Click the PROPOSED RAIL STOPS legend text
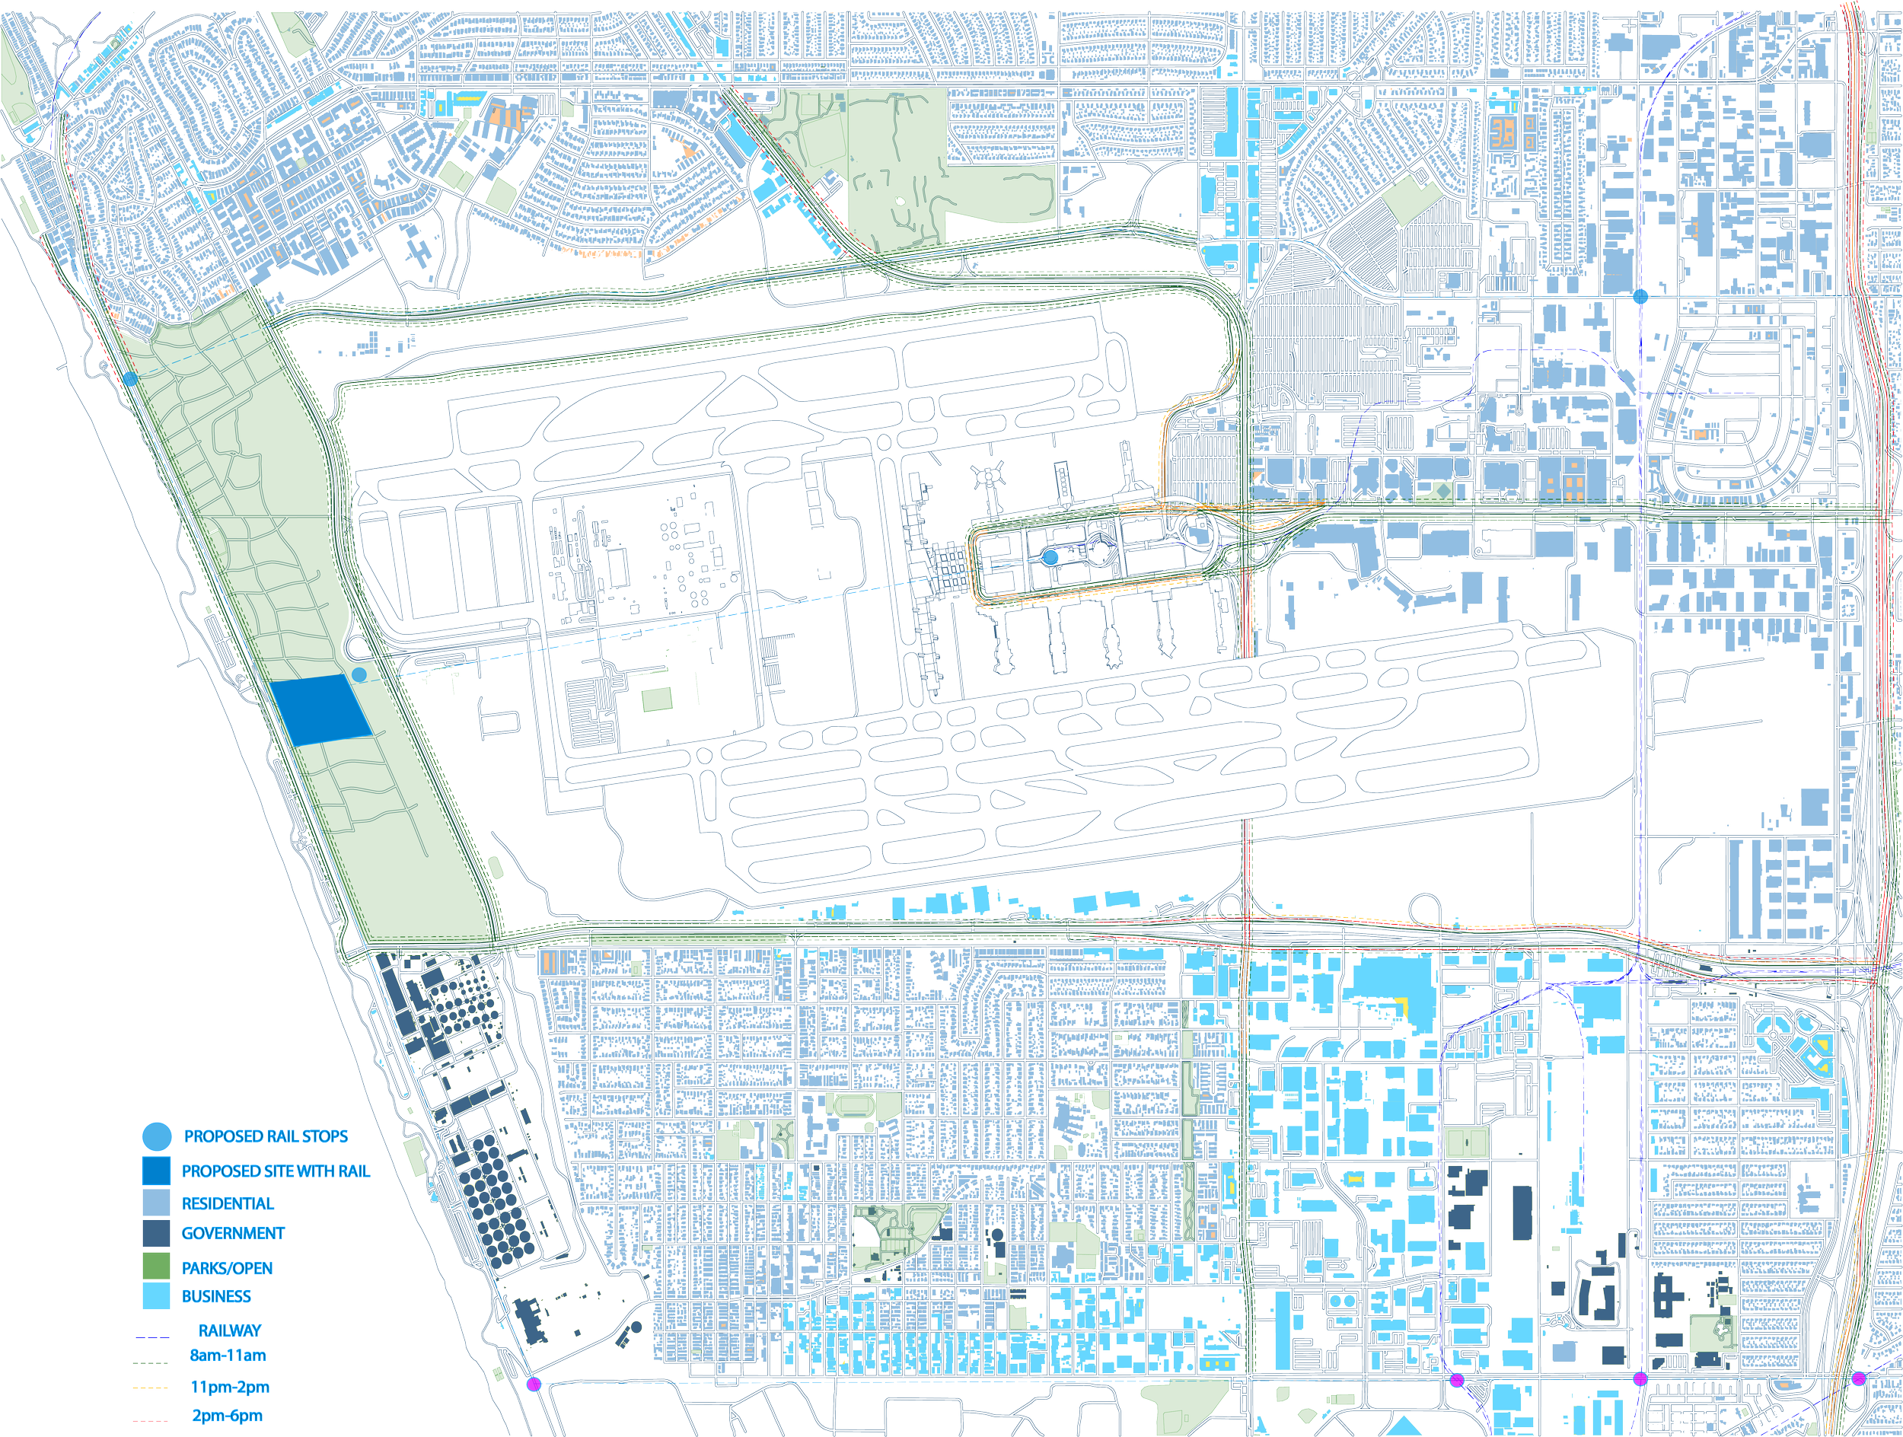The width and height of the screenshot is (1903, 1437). pyautogui.click(x=266, y=1136)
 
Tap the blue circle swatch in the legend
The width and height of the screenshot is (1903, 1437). pyautogui.click(x=157, y=1137)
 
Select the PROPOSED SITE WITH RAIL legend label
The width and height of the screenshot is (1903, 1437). pyautogui.click(x=276, y=1171)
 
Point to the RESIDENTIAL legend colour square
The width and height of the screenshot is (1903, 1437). pyautogui.click(x=157, y=1203)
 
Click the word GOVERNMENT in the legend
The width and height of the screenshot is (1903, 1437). pyautogui.click(x=232, y=1233)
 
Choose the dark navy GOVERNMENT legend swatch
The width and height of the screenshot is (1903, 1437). pyautogui.click(x=157, y=1233)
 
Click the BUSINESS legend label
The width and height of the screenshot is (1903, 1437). pyautogui.click(x=216, y=1297)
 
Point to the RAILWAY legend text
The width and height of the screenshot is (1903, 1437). pyautogui.click(x=230, y=1330)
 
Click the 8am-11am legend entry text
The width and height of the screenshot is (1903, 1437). pyautogui.click(x=228, y=1356)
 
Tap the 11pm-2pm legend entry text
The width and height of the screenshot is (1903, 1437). pyautogui.click(x=230, y=1387)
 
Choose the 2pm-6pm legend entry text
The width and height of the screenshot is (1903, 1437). pyautogui.click(x=227, y=1416)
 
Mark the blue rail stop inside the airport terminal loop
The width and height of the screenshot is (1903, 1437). pyautogui.click(x=1050, y=557)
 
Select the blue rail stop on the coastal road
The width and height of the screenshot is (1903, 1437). pyautogui.click(x=130, y=378)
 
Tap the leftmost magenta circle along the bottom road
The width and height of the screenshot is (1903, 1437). pyautogui.click(x=534, y=1384)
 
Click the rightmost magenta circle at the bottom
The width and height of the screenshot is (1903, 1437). pyautogui.click(x=1858, y=1378)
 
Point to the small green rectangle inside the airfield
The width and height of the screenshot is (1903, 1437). pyautogui.click(x=657, y=698)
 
